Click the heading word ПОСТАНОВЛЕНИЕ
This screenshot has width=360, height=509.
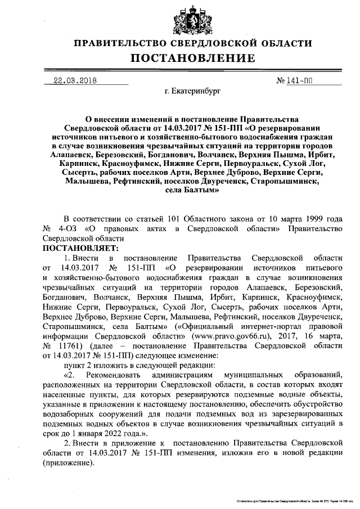point(193,58)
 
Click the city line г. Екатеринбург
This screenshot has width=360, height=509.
point(192,91)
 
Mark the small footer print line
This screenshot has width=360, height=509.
point(295,499)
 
